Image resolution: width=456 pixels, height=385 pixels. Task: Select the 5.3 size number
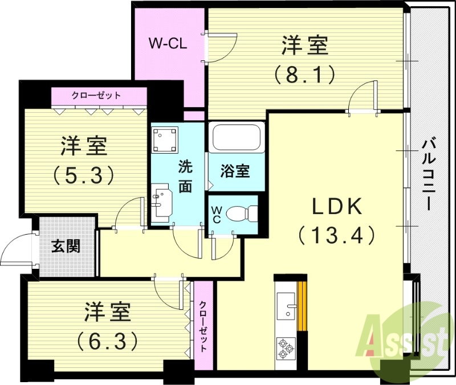coord(84,174)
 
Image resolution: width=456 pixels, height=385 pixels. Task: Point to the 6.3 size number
coord(108,341)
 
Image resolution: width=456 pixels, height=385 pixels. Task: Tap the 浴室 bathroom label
coord(235,170)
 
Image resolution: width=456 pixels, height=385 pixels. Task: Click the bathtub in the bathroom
coord(237,138)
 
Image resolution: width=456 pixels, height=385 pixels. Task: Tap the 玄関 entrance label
coord(66,247)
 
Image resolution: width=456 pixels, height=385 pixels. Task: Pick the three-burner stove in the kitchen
coord(285,347)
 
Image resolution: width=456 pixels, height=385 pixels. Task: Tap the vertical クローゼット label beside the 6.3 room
coord(203,326)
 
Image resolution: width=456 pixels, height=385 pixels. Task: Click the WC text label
coord(217,214)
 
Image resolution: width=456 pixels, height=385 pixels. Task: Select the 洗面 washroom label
coord(185,177)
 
